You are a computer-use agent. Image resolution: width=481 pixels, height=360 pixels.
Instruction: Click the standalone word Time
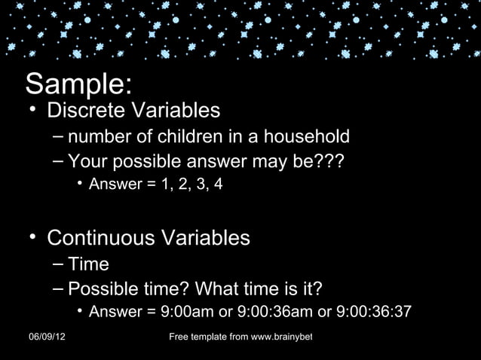point(88,264)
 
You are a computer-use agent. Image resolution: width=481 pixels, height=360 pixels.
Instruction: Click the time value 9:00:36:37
point(375,313)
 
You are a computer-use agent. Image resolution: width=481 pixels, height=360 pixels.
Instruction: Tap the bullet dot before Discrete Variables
point(33,111)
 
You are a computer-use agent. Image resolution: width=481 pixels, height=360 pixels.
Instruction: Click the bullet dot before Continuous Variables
point(33,239)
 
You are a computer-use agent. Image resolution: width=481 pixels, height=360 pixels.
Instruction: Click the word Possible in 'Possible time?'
point(103,288)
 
